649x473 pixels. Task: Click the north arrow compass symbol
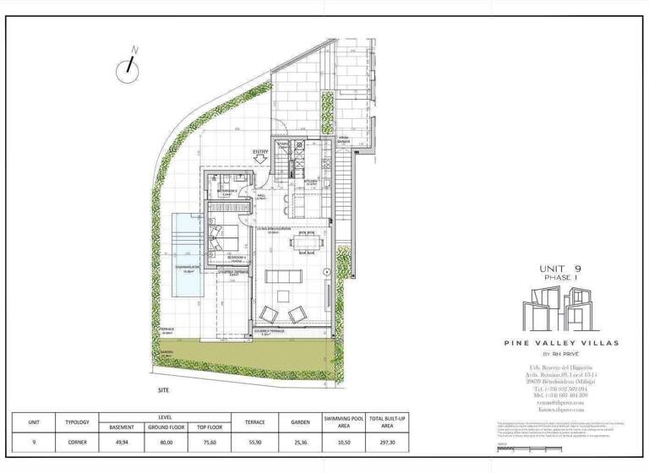click(131, 68)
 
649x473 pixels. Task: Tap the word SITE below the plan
click(164, 391)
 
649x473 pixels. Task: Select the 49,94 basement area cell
click(123, 441)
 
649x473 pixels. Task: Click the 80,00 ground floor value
click(167, 441)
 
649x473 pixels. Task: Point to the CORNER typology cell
click(77, 441)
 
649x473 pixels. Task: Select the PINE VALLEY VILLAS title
click(562, 343)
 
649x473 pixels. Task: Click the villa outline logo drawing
click(561, 309)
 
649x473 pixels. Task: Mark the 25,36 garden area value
click(299, 441)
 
